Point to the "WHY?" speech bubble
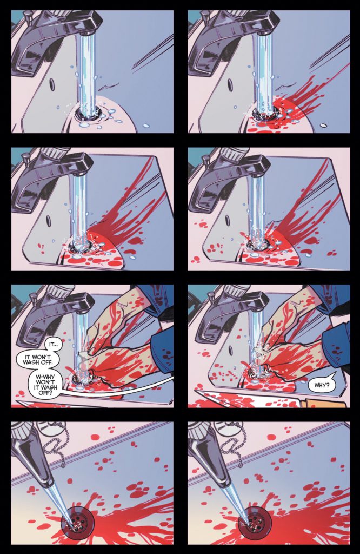[x=321, y=385]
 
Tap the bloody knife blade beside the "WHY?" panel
[x=248, y=399]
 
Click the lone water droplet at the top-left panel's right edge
[x=146, y=126]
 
